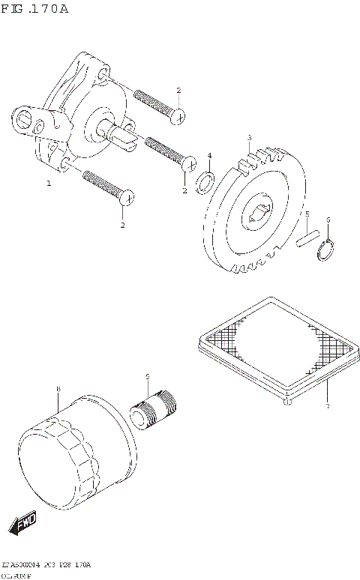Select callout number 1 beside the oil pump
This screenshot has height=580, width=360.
coord(49,183)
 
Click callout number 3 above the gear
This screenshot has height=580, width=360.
coord(249,138)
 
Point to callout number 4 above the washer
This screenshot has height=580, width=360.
coord(209,156)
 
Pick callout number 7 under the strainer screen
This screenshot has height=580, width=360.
coord(327,406)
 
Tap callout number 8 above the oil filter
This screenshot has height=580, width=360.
coord(58,389)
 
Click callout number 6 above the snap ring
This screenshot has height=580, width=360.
coord(328,220)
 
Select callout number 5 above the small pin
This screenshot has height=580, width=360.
coord(307,214)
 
